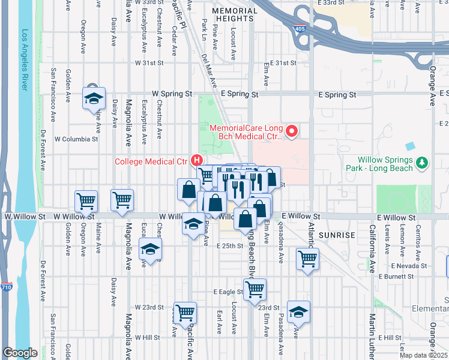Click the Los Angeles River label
click(25, 60)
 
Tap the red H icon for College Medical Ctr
click(196, 160)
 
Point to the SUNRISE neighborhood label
click(338, 235)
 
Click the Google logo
click(20, 353)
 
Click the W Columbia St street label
click(76, 139)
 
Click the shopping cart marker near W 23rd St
click(185, 311)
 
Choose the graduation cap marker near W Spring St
click(93, 98)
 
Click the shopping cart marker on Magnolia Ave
click(122, 199)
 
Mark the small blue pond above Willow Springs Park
click(410, 146)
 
